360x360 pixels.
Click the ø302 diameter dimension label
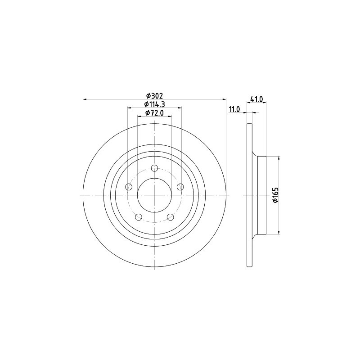coord(154,95)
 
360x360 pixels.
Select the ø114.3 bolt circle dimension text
coord(154,104)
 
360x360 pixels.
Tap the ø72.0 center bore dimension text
coord(154,113)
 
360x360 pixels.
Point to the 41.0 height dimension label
coord(256,99)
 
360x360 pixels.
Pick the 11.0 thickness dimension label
coord(234,109)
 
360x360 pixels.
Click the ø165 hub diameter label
coord(275,195)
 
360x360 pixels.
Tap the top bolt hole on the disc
coord(155,168)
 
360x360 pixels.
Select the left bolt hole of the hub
coord(129,187)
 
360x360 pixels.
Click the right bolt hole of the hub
coord(180,187)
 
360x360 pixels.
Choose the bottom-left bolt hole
coord(139,217)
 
